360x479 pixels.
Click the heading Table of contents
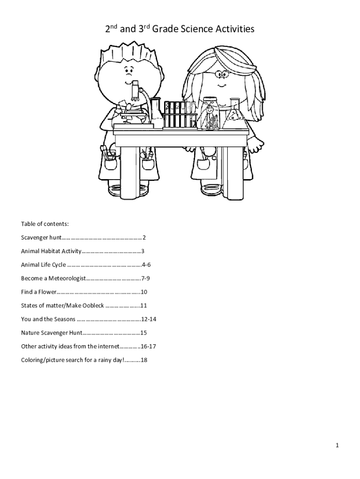45,224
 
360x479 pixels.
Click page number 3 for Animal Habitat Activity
143,251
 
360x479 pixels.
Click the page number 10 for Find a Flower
144,292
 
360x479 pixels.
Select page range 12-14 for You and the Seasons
149,319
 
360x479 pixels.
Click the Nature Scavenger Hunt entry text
51,333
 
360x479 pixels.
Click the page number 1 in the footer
337,446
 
